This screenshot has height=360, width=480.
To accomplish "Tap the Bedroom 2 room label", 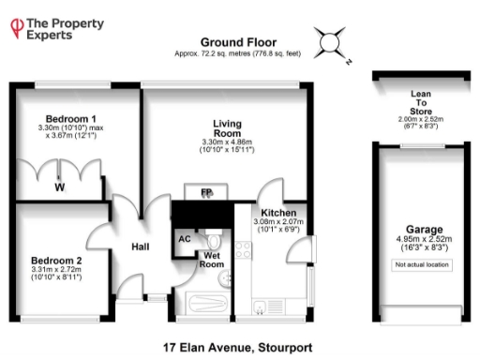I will [55, 260].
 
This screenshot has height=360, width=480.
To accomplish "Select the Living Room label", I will [227, 128].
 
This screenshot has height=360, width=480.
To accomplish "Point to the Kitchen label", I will [279, 213].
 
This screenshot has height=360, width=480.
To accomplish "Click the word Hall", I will [140, 246].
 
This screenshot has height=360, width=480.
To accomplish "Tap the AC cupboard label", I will [184, 238].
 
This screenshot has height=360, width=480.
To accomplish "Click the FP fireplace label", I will [205, 193].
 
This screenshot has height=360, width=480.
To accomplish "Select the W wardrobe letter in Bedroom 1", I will [59, 187].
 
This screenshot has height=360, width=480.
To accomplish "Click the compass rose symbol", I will [331, 42].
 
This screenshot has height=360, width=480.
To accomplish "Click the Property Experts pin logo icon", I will [16, 28].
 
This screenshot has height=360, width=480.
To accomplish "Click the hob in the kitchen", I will [243, 250].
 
